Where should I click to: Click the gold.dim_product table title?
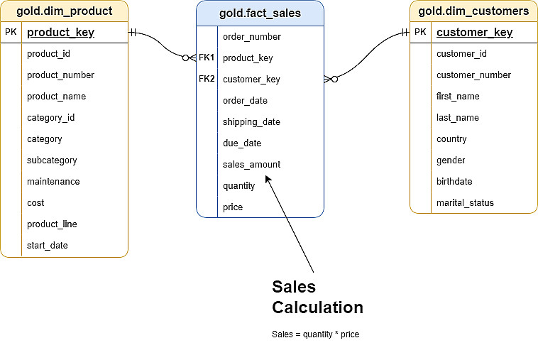click(64, 11)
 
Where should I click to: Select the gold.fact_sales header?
click(260, 13)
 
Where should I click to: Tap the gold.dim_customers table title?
click(473, 11)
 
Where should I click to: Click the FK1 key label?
click(207, 58)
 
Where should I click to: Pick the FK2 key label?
click(207, 79)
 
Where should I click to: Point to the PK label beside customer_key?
click(420, 32)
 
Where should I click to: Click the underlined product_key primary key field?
click(60, 33)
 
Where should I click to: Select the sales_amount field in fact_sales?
click(251, 164)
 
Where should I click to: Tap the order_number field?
click(251, 36)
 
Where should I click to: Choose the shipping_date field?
click(251, 121)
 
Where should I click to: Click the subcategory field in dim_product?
click(52, 160)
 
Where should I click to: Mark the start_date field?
click(48, 245)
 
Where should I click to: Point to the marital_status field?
click(465, 202)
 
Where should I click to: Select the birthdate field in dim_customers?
click(454, 181)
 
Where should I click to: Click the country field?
click(451, 138)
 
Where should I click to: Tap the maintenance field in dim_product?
click(53, 181)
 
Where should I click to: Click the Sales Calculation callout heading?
click(317, 297)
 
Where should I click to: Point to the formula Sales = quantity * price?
click(315, 334)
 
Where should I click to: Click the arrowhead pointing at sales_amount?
click(268, 178)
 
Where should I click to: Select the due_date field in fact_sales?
click(242, 143)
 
